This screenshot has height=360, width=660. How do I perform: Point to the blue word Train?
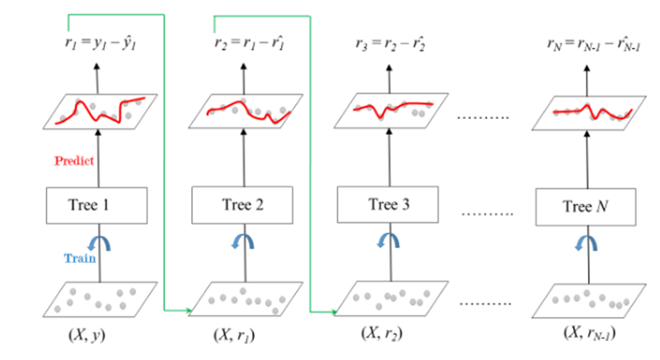pos(80,259)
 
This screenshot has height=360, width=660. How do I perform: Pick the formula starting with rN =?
pos(587,45)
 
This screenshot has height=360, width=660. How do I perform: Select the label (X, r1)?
pos(236,336)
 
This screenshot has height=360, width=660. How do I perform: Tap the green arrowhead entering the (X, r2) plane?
pos(333,313)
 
